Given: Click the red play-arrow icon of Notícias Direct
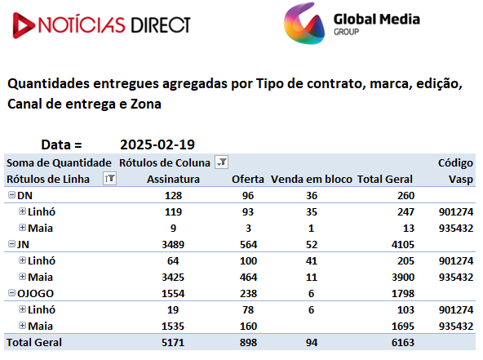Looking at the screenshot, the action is coord(22,25).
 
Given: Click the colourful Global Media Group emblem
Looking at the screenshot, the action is coord(304,24).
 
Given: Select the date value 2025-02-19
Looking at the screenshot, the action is coord(157,144).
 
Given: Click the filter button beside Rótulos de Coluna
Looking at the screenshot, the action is coord(221,162).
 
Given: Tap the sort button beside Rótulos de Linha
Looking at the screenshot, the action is coord(109,179).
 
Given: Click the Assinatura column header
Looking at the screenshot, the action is coord(173,180).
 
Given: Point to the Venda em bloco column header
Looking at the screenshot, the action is coord(311,180).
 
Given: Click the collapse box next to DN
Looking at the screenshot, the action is coord(11,195).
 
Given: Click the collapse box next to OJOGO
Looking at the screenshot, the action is coord(11,293).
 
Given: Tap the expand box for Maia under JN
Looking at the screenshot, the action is coord(22,277).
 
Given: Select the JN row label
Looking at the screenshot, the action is coord(23,244).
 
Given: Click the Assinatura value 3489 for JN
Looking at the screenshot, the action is coord(173,244).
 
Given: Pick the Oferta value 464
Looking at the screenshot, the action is coord(248,277).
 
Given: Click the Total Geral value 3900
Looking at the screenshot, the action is coord(403,277).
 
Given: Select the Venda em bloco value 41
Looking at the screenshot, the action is coord(312,260).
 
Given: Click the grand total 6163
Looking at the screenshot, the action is coord(403,342).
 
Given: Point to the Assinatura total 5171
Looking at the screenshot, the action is coord(173,342).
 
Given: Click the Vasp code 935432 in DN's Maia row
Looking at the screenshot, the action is coord(456,228).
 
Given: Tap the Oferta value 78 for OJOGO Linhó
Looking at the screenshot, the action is coord(248,309).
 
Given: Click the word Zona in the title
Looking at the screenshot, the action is coord(146,104).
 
